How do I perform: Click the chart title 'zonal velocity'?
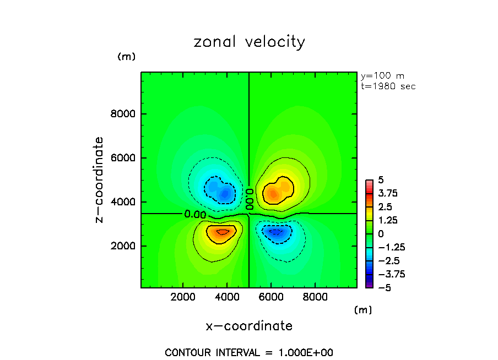pos(249,42)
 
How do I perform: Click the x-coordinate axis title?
pos(249,326)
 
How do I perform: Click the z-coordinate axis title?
pos(99,179)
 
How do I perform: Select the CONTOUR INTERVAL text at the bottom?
pos(249,352)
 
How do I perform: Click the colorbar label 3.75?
pos(388,193)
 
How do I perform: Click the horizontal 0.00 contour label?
pos(196,214)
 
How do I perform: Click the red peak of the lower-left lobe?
pos(221,232)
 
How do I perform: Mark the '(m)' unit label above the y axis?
pos(126,57)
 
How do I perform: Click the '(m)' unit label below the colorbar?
pos(362,310)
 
